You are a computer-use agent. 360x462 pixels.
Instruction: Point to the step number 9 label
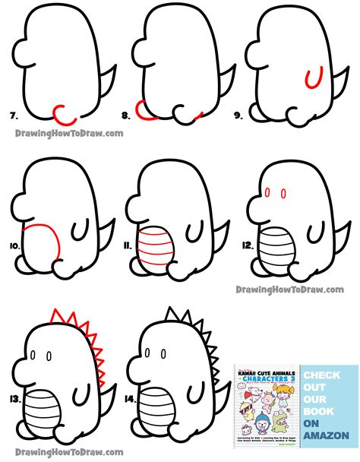(x=238, y=116)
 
